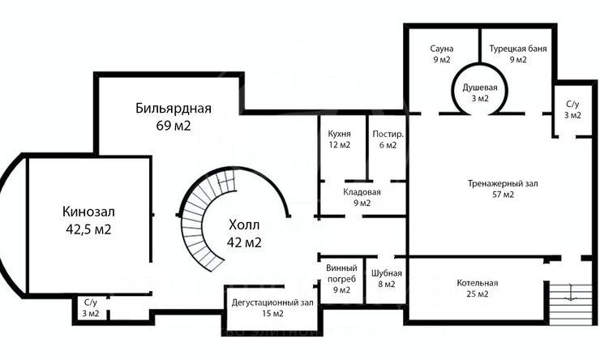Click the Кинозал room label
[x=88, y=212]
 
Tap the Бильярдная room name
[x=174, y=109]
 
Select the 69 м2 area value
[x=174, y=126]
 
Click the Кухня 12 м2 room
[x=339, y=139]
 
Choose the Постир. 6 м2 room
[x=384, y=139]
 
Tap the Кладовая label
[x=362, y=192]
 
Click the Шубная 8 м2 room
[x=384, y=278]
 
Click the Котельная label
[x=477, y=283]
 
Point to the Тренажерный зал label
[x=503, y=183]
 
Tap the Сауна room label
[x=441, y=49]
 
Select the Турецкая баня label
[x=517, y=49]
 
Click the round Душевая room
[x=480, y=92]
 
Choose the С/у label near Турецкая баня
[x=572, y=105]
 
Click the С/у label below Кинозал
[x=88, y=302]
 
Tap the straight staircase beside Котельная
[x=571, y=300]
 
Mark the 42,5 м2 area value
[x=88, y=229]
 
